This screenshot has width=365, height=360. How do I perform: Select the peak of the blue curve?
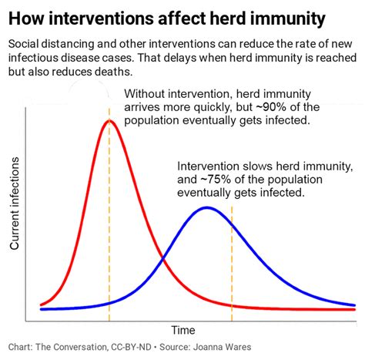206,207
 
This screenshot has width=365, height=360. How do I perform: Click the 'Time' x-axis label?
182,330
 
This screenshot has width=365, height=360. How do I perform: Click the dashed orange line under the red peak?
109,231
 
